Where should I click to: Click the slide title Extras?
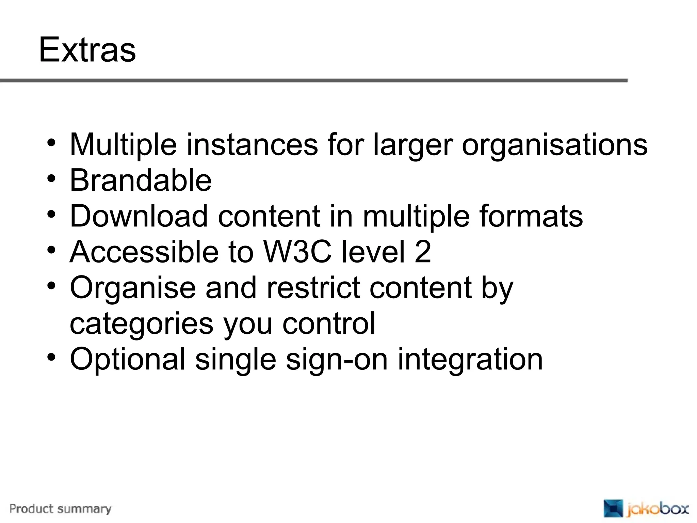[x=87, y=50]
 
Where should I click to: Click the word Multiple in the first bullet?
[x=123, y=145]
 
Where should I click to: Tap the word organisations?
[x=554, y=145]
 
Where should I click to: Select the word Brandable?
[x=141, y=180]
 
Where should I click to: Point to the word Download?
[x=139, y=216]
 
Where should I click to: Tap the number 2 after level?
[x=423, y=252]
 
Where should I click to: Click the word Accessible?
[x=144, y=252]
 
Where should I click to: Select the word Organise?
[x=133, y=288]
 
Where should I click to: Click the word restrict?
[x=313, y=288]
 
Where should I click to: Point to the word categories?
[x=142, y=324]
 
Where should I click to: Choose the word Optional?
[x=128, y=360]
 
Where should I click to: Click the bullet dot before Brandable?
[x=51, y=178]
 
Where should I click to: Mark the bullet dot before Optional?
[x=51, y=358]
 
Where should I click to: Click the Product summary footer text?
[x=61, y=509]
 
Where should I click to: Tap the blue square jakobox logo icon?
[x=613, y=508]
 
